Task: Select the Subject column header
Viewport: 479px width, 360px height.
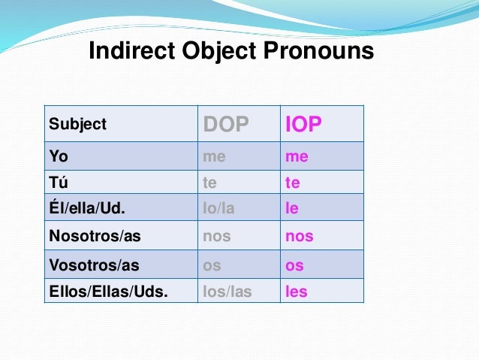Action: pos(77,124)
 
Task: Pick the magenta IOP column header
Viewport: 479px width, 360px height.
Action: pos(303,125)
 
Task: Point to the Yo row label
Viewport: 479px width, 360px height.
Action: pos(58,157)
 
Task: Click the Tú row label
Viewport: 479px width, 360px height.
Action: pos(58,183)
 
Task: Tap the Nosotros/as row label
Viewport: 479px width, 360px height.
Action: pos(94,236)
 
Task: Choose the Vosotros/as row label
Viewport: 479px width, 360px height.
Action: pos(93,265)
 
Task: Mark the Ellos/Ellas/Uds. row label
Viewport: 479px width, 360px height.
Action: pos(108,291)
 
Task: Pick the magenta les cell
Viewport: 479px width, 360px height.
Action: pos(297,291)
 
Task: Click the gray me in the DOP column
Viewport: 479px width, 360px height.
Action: pos(215,157)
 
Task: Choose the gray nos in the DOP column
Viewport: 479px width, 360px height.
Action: pos(217,236)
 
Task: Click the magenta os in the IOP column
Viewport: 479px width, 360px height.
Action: pos(294,265)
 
